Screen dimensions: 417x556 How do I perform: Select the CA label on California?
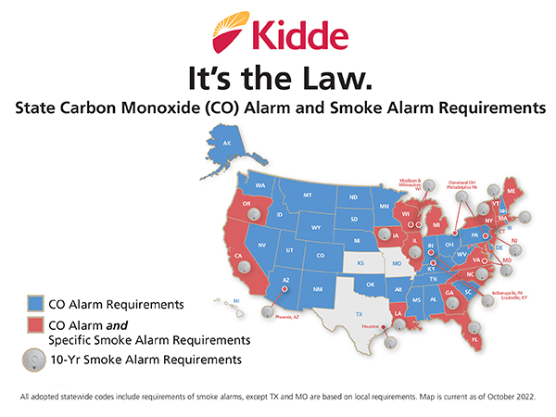(x=238, y=257)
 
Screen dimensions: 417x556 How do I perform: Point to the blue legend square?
(x=33, y=304)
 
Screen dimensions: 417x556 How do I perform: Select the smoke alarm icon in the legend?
(x=33, y=358)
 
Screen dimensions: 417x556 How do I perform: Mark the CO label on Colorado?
(x=321, y=255)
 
